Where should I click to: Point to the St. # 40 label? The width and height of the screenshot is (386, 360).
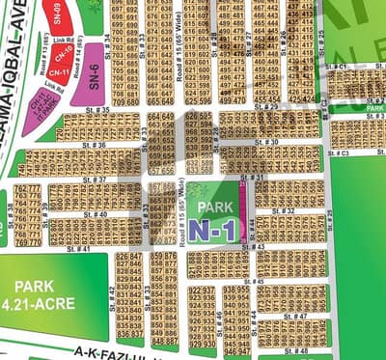tap(95, 214)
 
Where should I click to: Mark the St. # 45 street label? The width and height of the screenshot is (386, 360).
tap(253, 281)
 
